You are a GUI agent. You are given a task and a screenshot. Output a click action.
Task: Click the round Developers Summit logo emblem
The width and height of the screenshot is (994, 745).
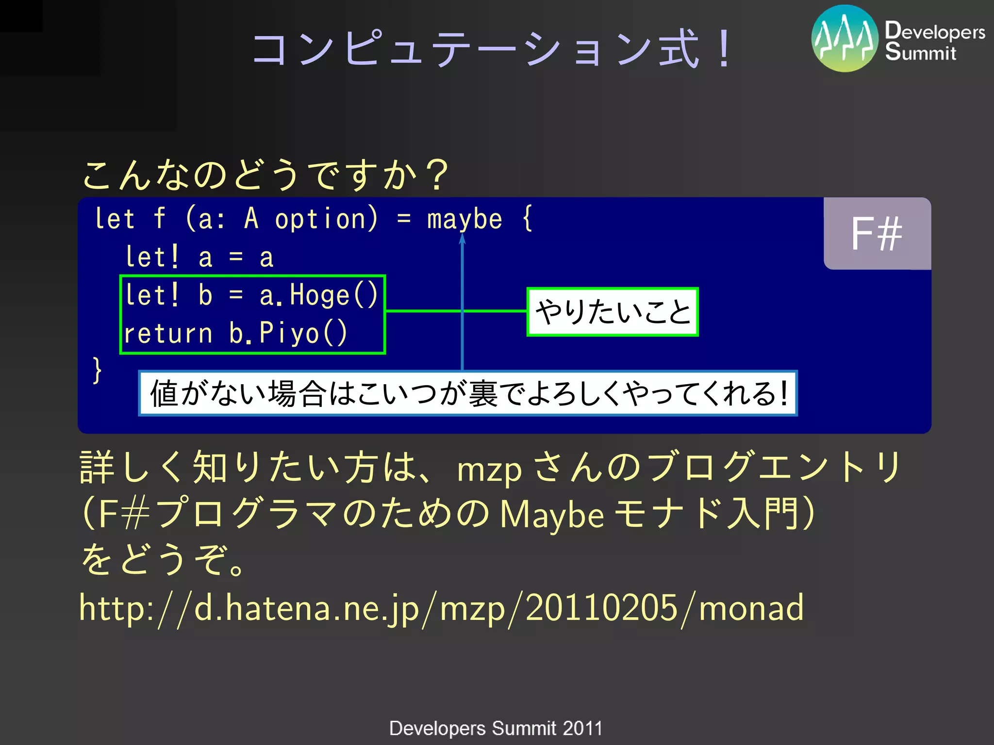(845, 38)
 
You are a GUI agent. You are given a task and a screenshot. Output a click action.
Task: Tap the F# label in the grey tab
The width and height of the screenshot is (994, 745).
(877, 234)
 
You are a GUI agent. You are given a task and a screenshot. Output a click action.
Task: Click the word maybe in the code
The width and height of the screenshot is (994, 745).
(464, 219)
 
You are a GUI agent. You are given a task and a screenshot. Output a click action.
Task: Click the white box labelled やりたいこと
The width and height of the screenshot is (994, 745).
(613, 312)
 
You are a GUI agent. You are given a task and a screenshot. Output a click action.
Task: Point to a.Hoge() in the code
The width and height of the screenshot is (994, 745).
(318, 295)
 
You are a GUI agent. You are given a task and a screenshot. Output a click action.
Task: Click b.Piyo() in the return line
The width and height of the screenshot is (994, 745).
(288, 333)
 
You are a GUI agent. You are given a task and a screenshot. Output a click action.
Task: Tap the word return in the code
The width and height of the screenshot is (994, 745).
(168, 334)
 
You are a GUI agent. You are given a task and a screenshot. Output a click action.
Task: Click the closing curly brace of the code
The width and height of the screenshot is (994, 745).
(97, 370)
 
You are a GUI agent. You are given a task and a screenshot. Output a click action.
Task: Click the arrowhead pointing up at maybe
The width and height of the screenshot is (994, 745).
(462, 239)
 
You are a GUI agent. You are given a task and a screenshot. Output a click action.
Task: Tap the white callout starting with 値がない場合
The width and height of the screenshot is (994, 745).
(467, 393)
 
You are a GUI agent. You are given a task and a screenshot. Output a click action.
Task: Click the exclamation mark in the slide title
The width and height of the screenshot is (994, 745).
(725, 49)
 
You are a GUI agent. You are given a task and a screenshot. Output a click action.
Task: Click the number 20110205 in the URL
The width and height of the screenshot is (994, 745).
(601, 608)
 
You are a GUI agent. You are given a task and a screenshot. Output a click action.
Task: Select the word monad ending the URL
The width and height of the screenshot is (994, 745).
(751, 608)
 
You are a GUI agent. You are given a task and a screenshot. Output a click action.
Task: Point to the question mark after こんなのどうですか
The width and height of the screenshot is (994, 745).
(438, 175)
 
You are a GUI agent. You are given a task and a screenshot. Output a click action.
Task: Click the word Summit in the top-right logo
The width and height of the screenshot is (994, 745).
(920, 52)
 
